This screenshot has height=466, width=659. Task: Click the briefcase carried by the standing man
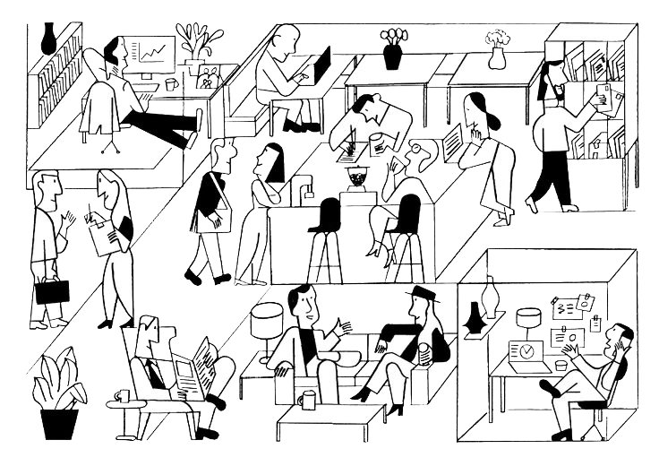point(50,294)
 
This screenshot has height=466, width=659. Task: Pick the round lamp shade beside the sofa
point(264,315)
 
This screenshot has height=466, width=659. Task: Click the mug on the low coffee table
point(309,401)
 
